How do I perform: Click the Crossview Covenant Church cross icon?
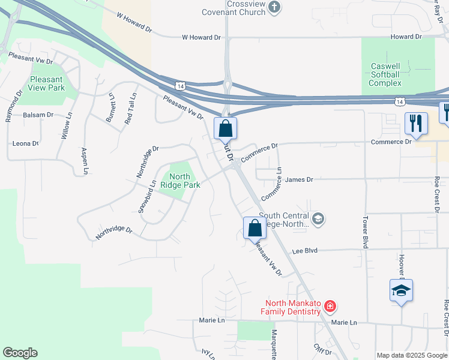275,7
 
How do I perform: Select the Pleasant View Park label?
47,83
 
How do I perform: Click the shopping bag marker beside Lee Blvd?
255,229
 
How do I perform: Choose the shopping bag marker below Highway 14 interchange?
225,128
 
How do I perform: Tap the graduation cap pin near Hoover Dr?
401,291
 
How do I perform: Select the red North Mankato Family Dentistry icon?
330,307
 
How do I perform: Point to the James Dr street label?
299,179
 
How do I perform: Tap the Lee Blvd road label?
304,251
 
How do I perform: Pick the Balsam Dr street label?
38,115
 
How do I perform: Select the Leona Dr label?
26,144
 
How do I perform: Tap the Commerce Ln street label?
271,184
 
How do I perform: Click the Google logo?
20,353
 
